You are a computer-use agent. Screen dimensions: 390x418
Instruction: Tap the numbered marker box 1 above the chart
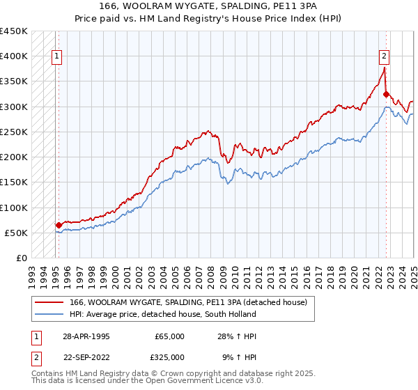click(x=56, y=58)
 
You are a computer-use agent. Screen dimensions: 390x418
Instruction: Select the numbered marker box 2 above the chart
click(x=384, y=58)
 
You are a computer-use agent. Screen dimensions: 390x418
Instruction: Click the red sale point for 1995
click(x=58, y=225)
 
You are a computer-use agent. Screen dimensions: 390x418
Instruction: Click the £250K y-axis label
click(x=14, y=132)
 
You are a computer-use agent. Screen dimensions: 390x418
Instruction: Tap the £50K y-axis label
click(x=17, y=233)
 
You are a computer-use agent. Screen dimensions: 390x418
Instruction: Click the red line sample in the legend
click(x=49, y=302)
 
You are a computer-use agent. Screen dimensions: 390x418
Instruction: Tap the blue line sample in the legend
click(x=49, y=314)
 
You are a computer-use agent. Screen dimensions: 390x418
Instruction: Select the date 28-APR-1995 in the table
click(x=86, y=336)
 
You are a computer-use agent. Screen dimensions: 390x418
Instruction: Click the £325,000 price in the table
click(x=169, y=357)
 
